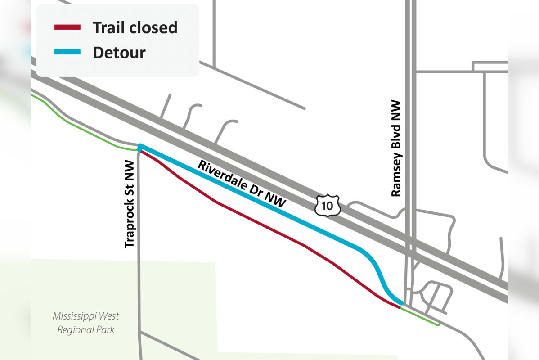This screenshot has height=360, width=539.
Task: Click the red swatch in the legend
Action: pos(67,27)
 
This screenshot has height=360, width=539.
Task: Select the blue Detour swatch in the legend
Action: pos(67,52)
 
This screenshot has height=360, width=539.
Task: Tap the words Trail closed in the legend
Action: pos(135,27)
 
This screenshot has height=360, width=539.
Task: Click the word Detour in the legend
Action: pos(119,53)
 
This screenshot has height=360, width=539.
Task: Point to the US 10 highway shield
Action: pos(328,205)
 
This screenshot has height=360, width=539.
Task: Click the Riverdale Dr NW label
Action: pos(242,184)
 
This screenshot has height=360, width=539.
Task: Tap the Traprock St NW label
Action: pos(130,203)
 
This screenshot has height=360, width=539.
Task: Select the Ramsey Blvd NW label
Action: pos(396,148)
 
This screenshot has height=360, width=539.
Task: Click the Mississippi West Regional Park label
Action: pos(85,323)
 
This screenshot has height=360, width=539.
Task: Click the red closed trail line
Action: pos(261,224)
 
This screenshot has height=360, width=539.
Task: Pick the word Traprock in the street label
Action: pos(130,220)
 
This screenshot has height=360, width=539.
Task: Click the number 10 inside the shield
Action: pos(328,206)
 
